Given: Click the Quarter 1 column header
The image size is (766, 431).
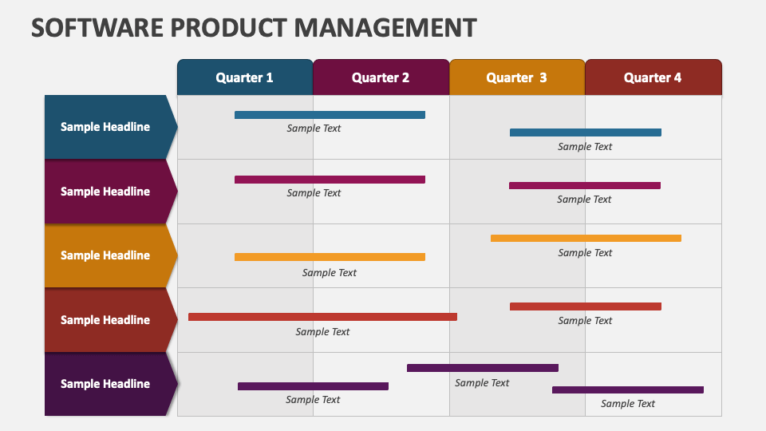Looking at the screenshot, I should pos(244,77).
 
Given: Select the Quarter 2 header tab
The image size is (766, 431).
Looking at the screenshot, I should pos(381,77).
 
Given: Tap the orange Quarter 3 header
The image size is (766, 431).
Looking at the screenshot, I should pos(517,77).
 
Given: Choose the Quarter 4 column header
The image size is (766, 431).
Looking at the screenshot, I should pos(653,77).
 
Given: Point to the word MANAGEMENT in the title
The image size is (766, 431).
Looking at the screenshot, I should pos(385,27).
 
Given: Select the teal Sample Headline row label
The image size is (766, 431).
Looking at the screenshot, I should pos(105,127).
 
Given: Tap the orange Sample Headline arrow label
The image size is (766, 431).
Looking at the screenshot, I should pos(105,255).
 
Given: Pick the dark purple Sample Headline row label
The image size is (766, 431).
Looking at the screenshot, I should pos(105,384).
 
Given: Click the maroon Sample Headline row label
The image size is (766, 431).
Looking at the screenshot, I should pos(105,192).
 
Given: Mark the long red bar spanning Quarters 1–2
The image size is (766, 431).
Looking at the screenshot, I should pos(322,317).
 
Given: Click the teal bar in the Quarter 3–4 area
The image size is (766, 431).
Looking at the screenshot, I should pos(585,132).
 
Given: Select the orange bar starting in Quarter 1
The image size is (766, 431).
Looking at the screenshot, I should pos(330,257).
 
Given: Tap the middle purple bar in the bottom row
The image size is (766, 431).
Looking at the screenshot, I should pos(482,368).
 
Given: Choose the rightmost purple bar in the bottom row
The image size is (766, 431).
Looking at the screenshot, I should pos(627,389).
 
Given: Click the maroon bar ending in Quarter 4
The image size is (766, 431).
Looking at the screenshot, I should pos(584,185).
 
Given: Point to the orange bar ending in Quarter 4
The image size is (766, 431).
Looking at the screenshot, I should pos(586,238).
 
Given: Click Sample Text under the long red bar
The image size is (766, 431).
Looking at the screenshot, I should pos(322,332).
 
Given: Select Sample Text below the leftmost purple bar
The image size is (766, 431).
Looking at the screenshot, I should pos(313,400).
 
